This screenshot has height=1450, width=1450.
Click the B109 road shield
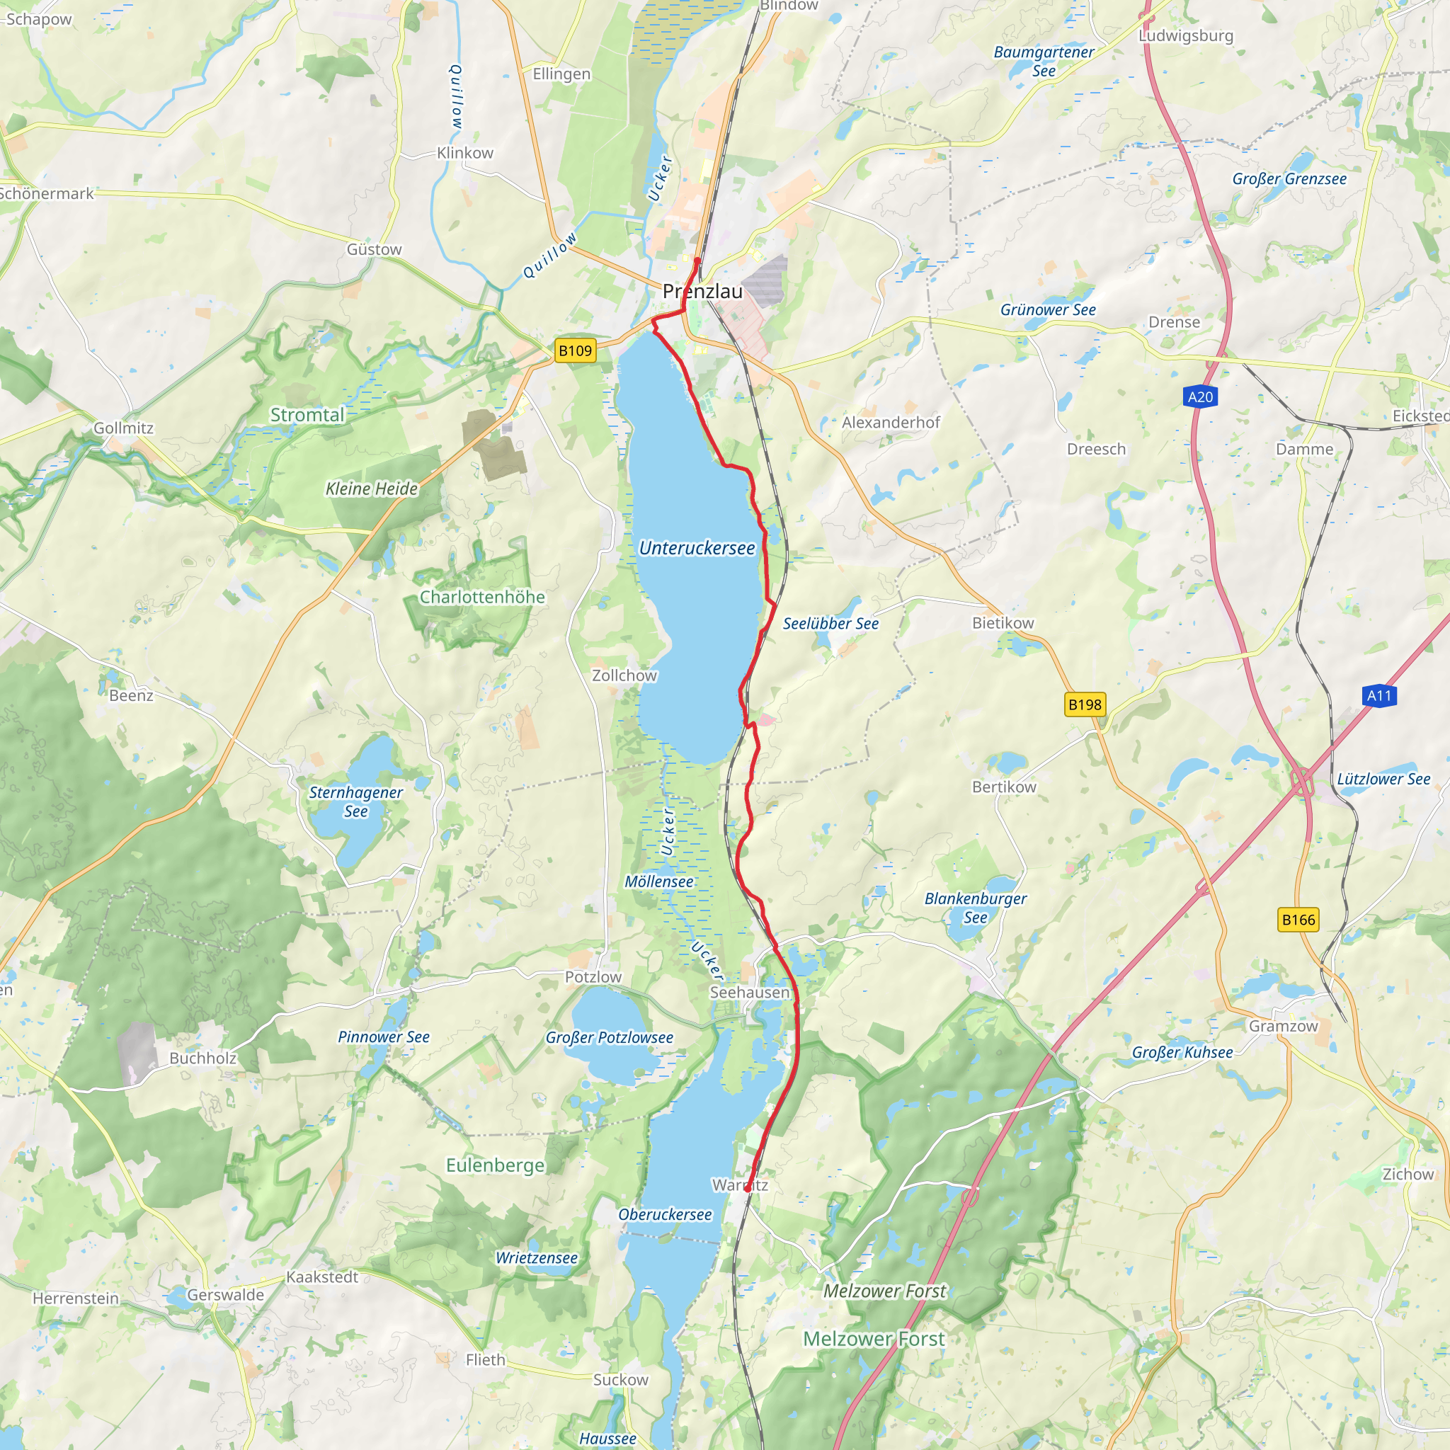point(575,350)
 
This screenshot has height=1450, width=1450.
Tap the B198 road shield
point(1085,704)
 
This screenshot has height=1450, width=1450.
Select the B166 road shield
point(1298,920)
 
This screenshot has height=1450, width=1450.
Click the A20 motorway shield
point(1200,397)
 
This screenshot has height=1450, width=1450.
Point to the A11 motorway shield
point(1378,696)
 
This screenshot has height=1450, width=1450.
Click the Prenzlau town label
point(702,292)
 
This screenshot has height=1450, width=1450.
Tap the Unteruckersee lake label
point(697,549)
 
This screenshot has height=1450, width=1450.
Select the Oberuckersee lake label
point(665,1214)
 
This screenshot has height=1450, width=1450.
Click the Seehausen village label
point(750,992)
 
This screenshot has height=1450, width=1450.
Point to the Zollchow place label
point(624,675)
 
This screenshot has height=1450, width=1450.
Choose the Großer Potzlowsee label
point(610,1037)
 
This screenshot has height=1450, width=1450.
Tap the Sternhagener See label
point(355,801)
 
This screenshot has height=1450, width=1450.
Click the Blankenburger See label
point(975,908)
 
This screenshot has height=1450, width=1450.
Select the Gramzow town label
point(1283,1026)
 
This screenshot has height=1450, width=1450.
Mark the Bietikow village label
point(1003,623)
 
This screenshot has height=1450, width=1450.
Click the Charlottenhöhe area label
point(482,598)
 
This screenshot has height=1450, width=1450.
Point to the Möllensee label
point(659,882)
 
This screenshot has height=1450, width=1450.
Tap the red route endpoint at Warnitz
point(748,1188)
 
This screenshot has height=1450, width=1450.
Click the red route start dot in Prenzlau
point(697,261)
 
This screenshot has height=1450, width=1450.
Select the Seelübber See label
point(830,624)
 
